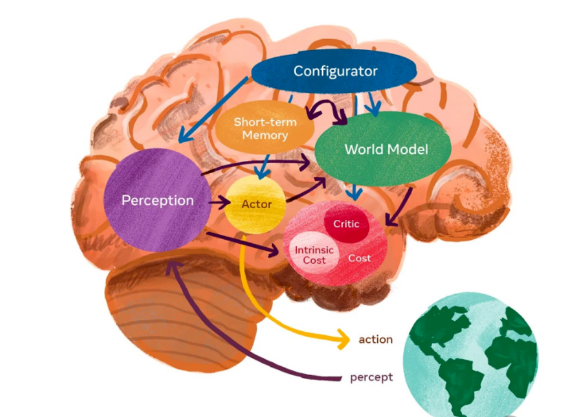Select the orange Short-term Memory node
coord(264,128)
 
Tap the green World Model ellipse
coord(385,149)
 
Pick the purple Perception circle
coord(157,200)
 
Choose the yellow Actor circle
coord(256,204)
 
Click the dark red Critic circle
coord(346,224)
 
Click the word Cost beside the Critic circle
coord(360,258)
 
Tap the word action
coord(375,339)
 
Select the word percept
coord(371,377)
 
